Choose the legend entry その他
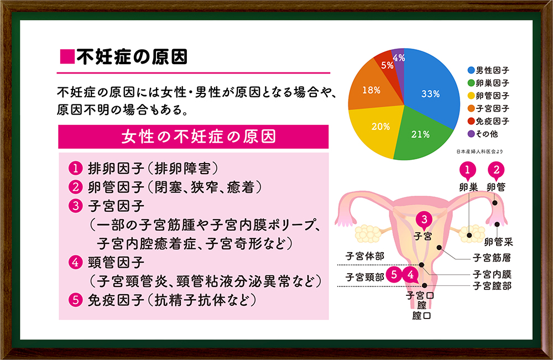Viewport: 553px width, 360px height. (483, 134)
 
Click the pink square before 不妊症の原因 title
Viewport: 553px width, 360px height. (67, 57)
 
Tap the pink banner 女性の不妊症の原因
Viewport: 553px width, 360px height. (193, 137)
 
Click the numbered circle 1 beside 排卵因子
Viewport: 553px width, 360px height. (75, 168)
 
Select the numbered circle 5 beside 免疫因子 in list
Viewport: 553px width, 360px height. (75, 300)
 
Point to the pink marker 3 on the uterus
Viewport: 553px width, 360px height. (424, 220)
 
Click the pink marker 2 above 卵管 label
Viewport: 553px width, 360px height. (496, 170)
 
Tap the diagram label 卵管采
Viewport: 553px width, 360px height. (498, 242)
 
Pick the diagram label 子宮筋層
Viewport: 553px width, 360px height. (492, 258)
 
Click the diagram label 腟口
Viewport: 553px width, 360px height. (421, 315)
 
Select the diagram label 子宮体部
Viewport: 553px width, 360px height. (364, 256)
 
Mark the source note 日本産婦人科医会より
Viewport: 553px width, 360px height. (479, 152)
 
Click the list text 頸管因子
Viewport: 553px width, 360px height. (116, 262)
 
